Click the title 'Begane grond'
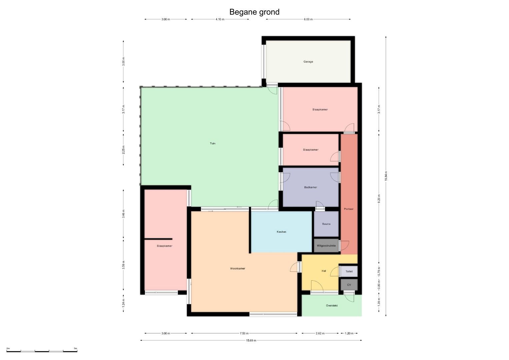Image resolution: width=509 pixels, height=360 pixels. (254, 12)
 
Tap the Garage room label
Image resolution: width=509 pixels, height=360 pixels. (308, 62)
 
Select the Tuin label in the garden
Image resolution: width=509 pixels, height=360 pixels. (212, 143)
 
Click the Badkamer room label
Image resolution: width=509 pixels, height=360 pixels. (310, 187)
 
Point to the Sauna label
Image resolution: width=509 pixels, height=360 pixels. (326, 224)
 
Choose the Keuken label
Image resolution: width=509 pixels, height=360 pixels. (281, 232)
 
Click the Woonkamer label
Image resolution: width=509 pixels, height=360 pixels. (237, 268)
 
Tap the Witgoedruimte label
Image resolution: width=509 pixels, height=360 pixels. (326, 245)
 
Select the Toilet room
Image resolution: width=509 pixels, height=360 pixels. (349, 271)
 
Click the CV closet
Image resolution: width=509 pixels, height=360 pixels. (349, 285)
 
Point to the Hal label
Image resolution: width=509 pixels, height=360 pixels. (324, 271)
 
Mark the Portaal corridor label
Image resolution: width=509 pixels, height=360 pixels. (349, 209)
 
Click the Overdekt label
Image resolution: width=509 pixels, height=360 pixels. (332, 305)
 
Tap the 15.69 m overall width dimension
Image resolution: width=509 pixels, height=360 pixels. (251, 340)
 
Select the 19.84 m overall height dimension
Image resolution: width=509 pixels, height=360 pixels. (386, 176)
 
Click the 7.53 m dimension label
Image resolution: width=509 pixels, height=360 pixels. (244, 333)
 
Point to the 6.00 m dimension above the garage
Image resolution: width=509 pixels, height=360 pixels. (308, 19)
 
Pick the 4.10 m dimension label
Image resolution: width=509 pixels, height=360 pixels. (220, 19)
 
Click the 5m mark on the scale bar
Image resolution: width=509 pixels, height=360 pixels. (75, 348)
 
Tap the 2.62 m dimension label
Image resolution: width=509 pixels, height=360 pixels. (320, 333)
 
